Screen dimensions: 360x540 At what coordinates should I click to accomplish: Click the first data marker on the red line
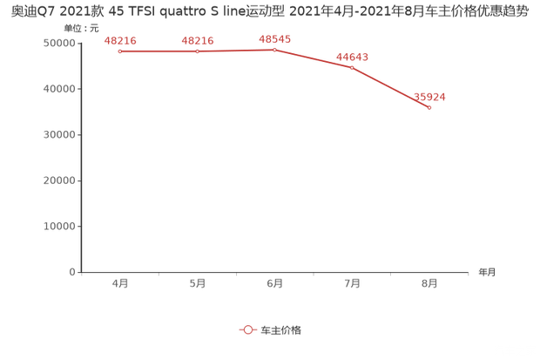pos(119,51)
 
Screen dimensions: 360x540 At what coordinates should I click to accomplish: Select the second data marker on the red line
pos(197,51)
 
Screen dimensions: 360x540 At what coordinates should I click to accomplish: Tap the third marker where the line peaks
pos(274,50)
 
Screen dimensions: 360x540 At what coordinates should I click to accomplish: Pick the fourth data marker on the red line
pos(352,67)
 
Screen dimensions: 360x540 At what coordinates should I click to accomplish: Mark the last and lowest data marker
pos(429,107)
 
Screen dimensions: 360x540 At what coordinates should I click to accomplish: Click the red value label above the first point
pos(119,40)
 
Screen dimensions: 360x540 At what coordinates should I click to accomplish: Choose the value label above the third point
pos(274,38)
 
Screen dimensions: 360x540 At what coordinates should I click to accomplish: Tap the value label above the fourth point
pos(352,56)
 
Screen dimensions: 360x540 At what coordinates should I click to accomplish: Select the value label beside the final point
pos(429,96)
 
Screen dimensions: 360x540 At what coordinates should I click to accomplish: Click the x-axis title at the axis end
pos(486,273)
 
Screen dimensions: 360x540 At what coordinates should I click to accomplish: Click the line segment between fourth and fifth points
pos(391,87)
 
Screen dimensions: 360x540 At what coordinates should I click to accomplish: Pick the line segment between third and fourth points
pos(314,58)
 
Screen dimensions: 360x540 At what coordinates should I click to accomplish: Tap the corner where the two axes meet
pos(79,272)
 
